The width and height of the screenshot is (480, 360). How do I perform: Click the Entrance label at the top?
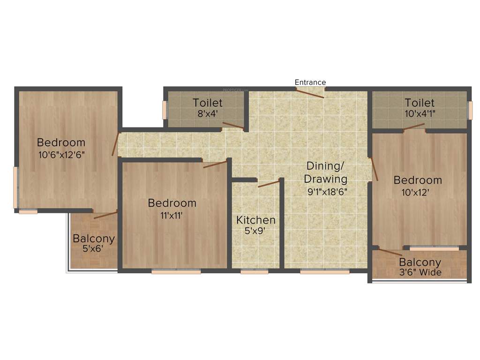pos(310,82)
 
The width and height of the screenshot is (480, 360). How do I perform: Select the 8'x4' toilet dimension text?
pos(207,113)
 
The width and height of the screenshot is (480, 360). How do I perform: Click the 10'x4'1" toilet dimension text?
pos(420,113)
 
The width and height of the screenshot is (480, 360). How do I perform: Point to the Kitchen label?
pos(255,220)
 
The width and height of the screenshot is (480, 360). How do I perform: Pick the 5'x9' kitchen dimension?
pos(255,231)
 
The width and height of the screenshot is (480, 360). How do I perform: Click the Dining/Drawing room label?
pos(326,172)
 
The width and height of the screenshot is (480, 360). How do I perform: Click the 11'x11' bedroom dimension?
pos(172,215)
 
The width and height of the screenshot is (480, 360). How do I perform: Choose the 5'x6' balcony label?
pos(93,249)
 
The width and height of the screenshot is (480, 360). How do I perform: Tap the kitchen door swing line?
pos(269,183)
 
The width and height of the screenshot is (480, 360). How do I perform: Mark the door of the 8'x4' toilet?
pos(233,125)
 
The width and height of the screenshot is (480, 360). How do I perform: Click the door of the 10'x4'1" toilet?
pos(414,126)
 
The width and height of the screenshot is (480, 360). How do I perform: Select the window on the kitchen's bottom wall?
pos(255,271)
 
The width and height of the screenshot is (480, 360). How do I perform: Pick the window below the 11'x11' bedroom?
pos(176,271)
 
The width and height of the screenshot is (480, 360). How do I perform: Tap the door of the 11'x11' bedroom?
pos(215,164)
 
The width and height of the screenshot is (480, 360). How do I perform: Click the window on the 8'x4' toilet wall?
pos(165,110)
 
